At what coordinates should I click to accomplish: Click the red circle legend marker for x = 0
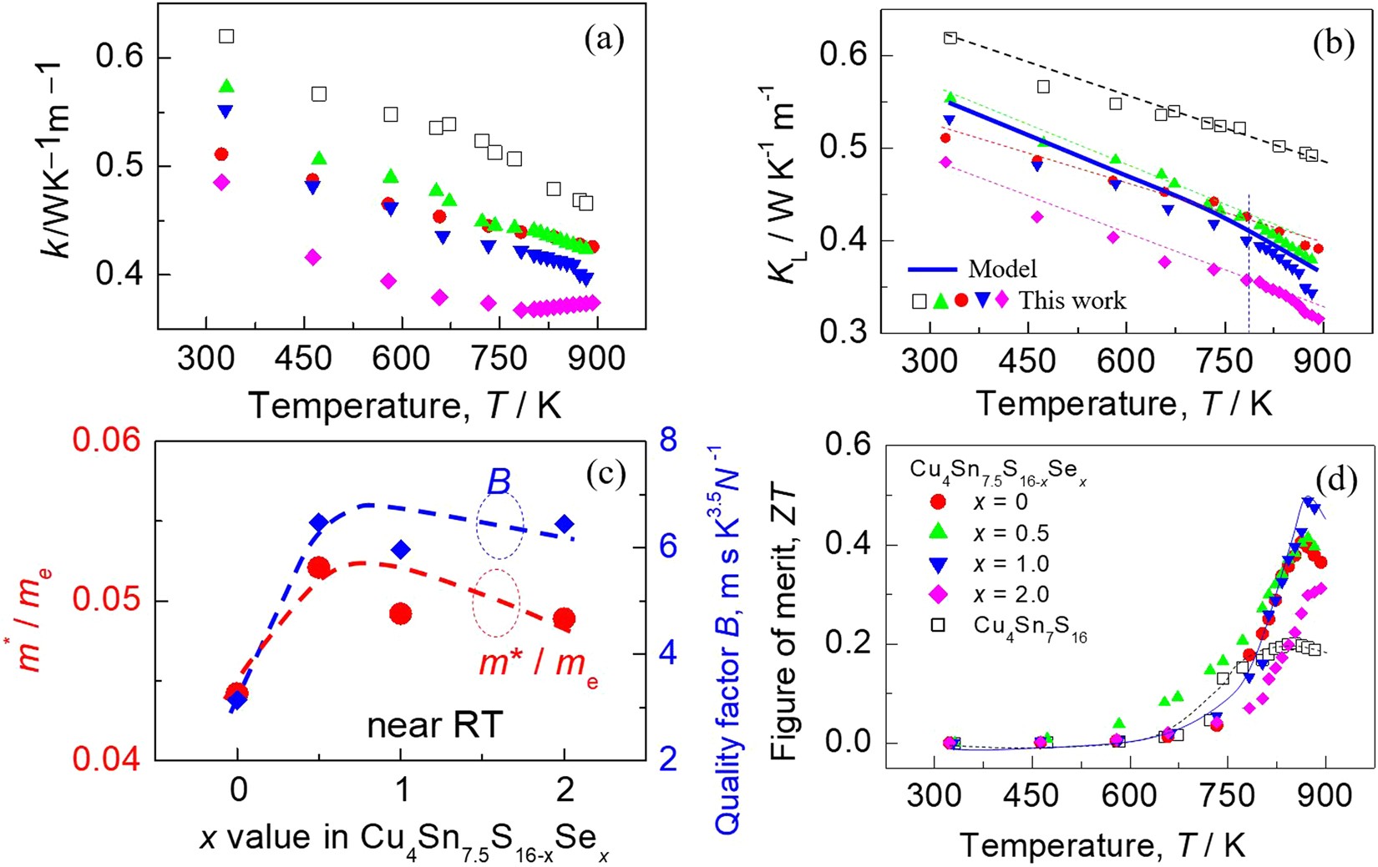pyautogui.click(x=938, y=502)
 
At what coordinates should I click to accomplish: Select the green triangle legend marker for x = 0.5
pyautogui.click(x=938, y=533)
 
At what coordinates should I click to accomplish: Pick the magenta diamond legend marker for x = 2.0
pyautogui.click(x=938, y=594)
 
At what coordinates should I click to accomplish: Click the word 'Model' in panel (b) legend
pyautogui.click(x=1002, y=269)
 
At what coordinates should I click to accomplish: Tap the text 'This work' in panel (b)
pyautogui.click(x=1072, y=300)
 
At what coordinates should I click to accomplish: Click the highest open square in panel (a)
pyautogui.click(x=226, y=36)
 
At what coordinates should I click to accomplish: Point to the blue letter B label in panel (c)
pyautogui.click(x=499, y=482)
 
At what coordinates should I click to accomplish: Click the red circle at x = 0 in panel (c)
pyautogui.click(x=237, y=692)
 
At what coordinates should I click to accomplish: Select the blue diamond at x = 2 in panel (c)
pyautogui.click(x=565, y=524)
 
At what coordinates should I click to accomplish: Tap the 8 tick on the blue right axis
pyautogui.click(x=668, y=441)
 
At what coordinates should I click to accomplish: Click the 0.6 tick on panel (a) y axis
pyautogui.click(x=123, y=58)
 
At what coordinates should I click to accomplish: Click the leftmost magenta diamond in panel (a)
pyautogui.click(x=221, y=183)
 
